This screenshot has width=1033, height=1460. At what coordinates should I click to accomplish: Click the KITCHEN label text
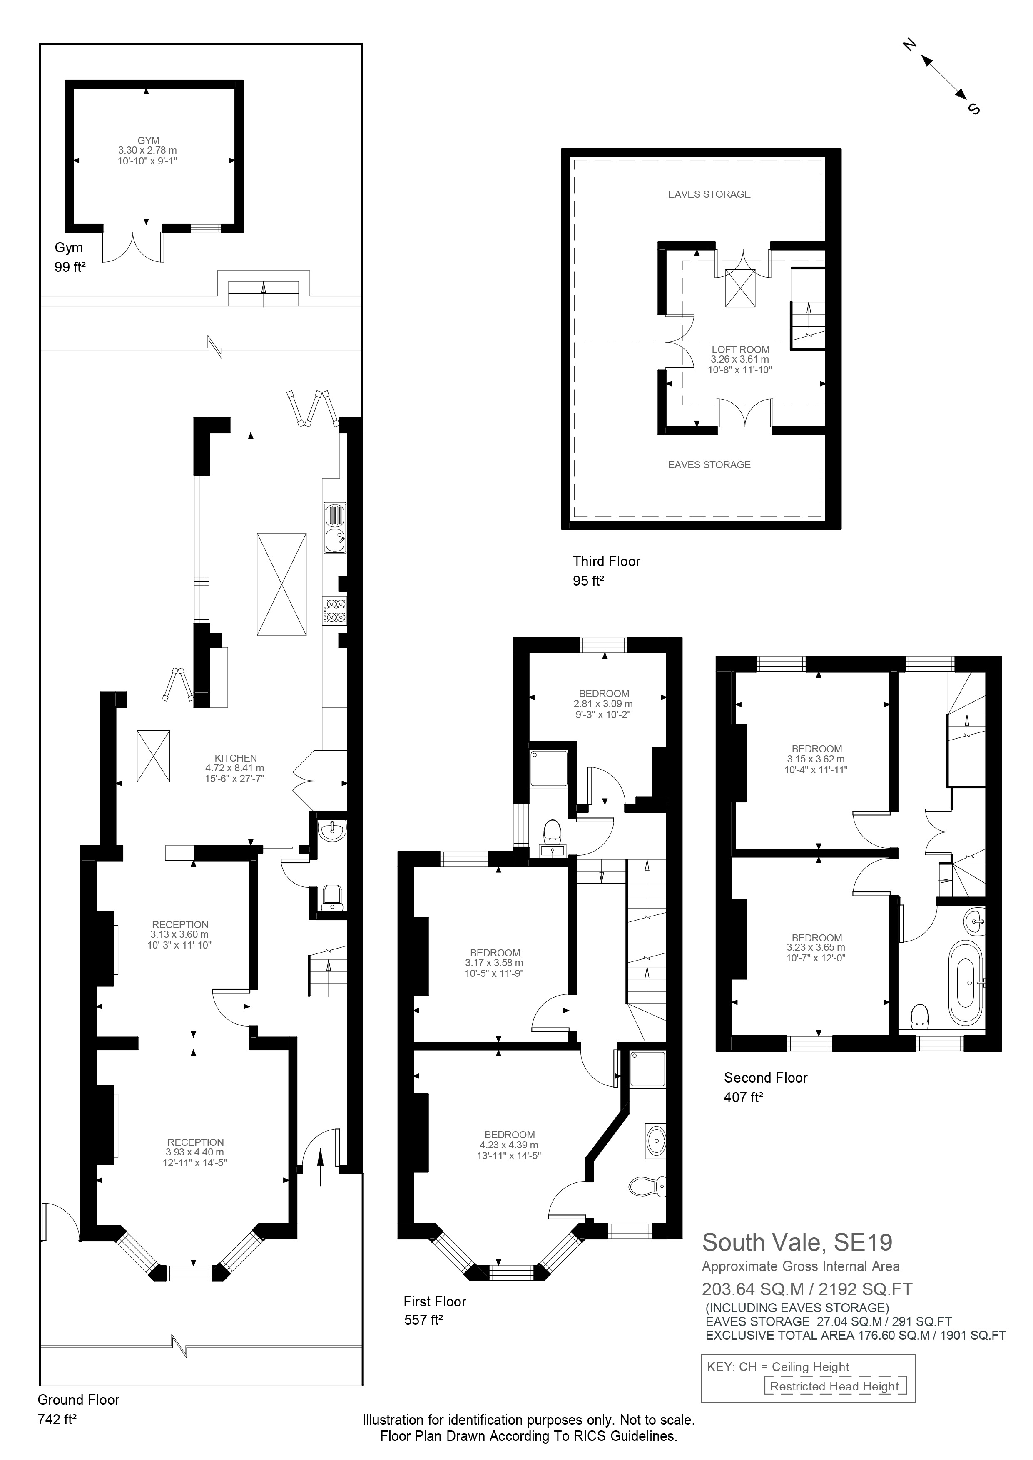tap(235, 758)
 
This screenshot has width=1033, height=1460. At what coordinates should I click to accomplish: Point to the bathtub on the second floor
tap(966, 984)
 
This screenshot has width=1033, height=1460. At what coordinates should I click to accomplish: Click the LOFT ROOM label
tap(740, 349)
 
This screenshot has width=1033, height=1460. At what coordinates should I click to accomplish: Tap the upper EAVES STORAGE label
tap(709, 194)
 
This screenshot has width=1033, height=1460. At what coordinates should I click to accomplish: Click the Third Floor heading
tap(606, 561)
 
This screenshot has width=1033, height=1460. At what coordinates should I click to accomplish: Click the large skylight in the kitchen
tap(281, 584)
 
